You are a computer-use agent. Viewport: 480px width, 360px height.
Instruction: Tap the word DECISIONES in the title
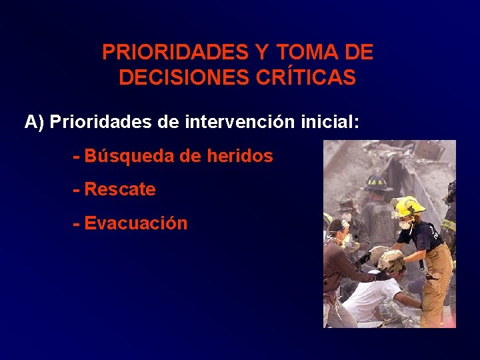[x=184, y=78]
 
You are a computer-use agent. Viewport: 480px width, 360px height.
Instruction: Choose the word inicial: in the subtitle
[x=329, y=122]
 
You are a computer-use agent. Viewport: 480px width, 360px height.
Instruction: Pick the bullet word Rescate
[x=120, y=190]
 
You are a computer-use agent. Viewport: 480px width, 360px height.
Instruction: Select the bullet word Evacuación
[x=136, y=223]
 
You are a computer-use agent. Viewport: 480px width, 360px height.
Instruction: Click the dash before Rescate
[x=77, y=190]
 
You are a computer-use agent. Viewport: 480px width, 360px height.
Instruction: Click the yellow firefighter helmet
[x=407, y=206]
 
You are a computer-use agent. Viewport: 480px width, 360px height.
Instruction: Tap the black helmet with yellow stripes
[x=377, y=182]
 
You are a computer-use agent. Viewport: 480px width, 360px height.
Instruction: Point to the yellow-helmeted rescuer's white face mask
[x=405, y=225]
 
